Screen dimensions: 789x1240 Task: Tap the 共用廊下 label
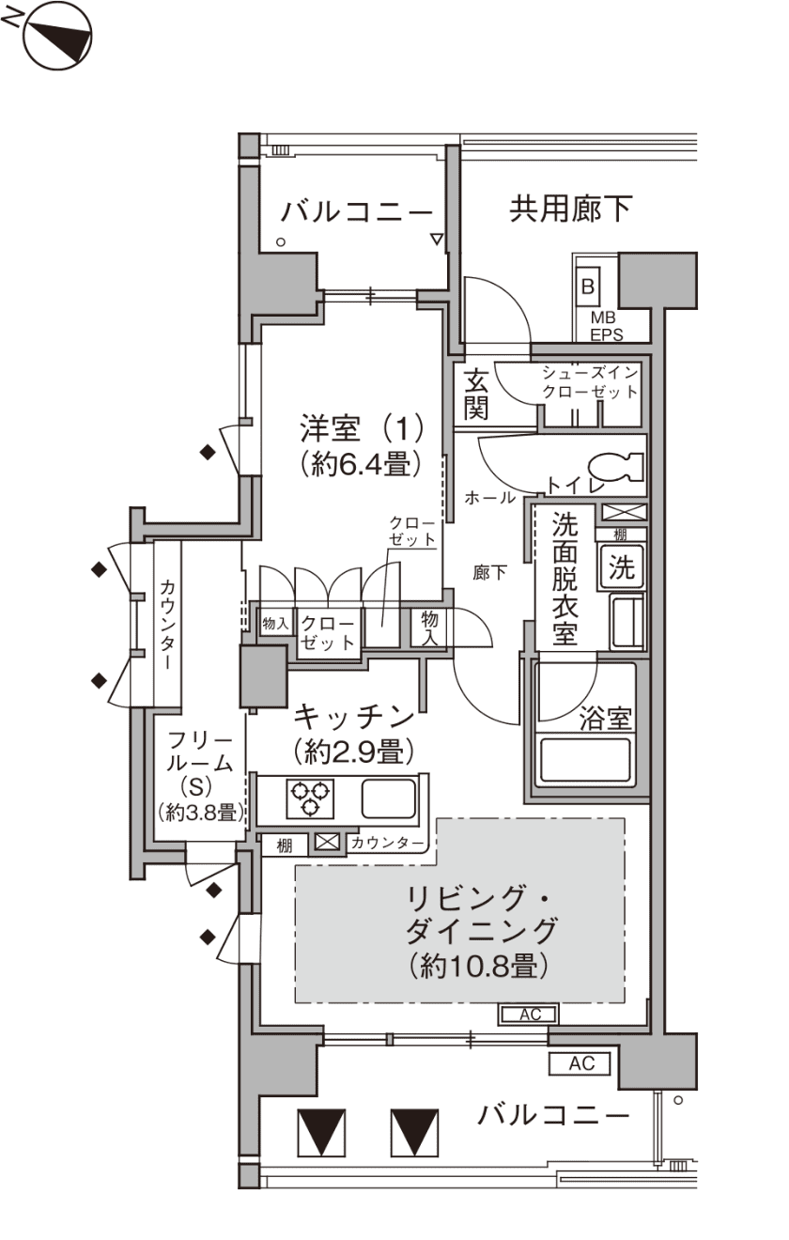tap(570, 209)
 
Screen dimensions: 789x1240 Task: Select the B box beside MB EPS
tap(587, 287)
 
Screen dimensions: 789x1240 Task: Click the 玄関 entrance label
tap(475, 394)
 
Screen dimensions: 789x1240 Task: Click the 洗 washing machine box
tap(621, 567)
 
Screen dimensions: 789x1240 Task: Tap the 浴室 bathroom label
tap(605, 719)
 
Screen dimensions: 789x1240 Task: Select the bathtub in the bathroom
tap(585, 761)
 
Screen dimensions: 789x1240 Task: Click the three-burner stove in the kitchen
tap(310, 798)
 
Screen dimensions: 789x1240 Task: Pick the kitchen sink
tap(389, 798)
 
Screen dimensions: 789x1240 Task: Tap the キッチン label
tap(354, 717)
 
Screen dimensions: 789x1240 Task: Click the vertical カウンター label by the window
tap(166, 625)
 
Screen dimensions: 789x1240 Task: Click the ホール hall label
tap(490, 498)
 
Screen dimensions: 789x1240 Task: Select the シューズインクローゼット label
tap(590, 382)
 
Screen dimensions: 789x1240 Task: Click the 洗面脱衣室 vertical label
tap(565, 579)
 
